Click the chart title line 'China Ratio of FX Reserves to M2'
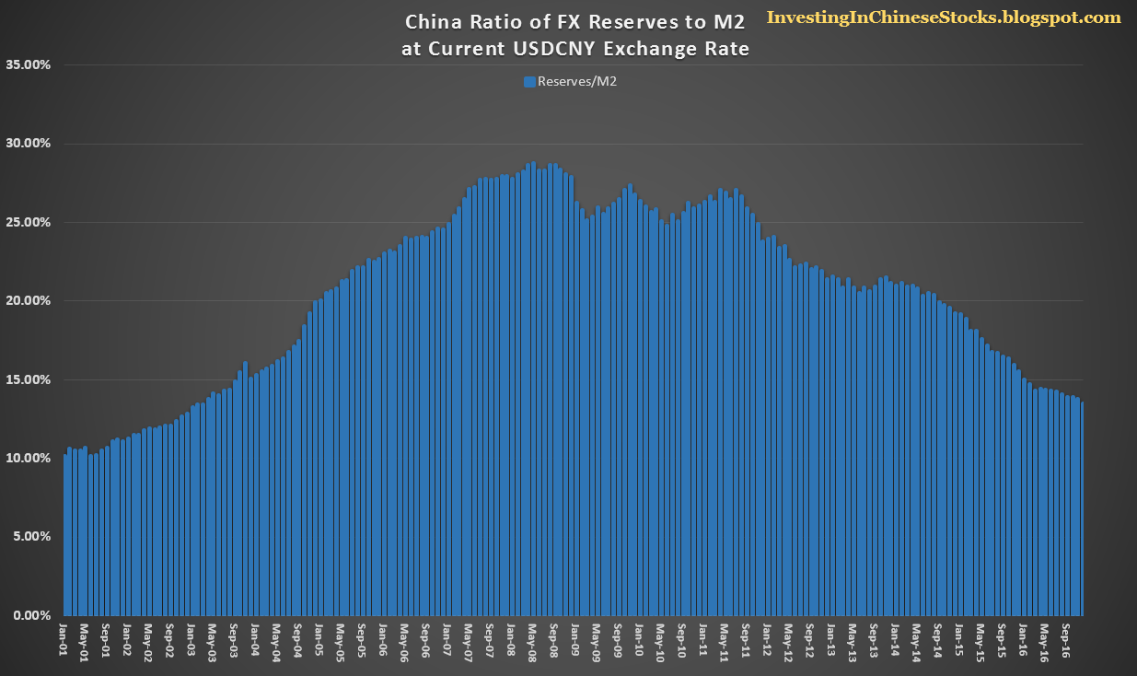click(575, 22)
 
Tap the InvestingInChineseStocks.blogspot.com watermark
click(944, 17)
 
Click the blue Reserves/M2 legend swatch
click(529, 82)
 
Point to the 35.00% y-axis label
click(28, 65)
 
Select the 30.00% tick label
click(28, 144)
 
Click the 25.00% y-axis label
click(28, 223)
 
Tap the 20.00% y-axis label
click(28, 300)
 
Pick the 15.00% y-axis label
click(28, 379)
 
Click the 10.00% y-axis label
click(28, 458)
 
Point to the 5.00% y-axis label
click(31, 536)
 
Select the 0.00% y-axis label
click(31, 615)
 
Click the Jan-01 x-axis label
click(63, 639)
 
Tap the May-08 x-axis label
click(532, 643)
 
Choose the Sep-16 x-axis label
click(1065, 641)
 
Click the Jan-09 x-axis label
click(574, 639)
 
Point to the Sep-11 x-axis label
click(745, 641)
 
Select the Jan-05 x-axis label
click(319, 639)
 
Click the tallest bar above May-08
click(533, 389)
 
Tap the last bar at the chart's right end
click(1082, 509)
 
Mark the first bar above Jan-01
click(65, 535)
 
